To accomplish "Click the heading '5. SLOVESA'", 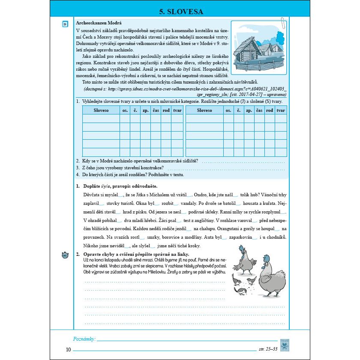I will point(180,12).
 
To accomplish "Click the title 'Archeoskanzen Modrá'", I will point(99,23).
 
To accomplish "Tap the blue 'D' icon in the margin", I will point(65,24).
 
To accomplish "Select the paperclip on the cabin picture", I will point(283,22).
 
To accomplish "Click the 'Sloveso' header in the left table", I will point(101,110).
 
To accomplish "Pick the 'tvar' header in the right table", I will point(281,110).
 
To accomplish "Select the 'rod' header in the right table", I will point(270,110).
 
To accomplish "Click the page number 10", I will point(69,350).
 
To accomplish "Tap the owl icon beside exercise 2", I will point(65,255).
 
